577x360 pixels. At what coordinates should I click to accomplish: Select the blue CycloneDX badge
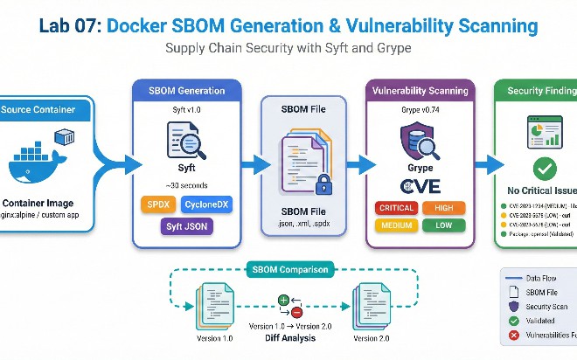coord(207,205)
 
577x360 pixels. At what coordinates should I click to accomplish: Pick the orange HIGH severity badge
coord(443,208)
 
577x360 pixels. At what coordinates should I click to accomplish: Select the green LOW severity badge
coord(443,225)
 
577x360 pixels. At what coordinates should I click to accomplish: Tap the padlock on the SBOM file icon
coord(323,184)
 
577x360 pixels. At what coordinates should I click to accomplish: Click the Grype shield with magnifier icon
coord(418,141)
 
